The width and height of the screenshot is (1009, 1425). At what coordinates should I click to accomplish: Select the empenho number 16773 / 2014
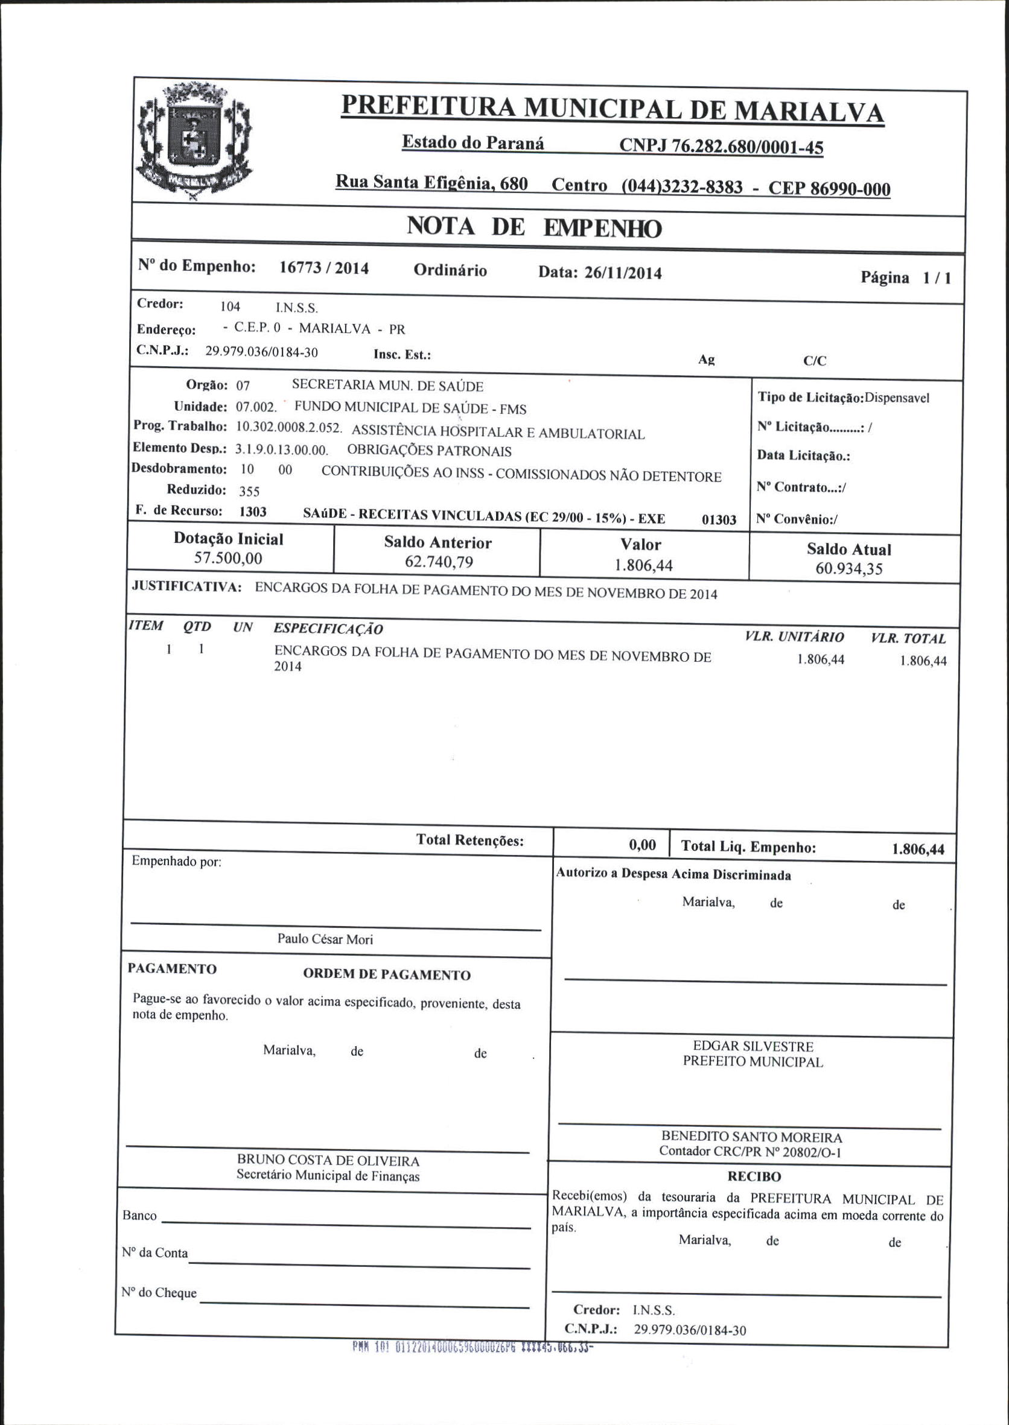coord(323,268)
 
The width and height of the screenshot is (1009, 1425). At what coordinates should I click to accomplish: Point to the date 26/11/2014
coord(623,273)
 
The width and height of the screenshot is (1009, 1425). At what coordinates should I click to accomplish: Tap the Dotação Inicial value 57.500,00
coord(228,558)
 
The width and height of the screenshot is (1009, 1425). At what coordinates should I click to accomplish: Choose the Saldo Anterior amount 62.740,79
coord(439,562)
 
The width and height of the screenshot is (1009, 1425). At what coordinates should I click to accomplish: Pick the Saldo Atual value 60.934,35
coord(848,568)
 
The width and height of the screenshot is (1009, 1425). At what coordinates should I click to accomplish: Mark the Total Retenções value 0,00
coord(642,845)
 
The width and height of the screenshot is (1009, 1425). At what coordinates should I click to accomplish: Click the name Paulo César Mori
coord(325,939)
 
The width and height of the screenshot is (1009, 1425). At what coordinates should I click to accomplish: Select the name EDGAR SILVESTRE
coord(753,1046)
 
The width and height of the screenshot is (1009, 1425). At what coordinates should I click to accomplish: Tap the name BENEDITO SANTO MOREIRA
coord(752,1137)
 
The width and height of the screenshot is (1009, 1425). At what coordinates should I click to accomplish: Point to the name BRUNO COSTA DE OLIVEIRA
coord(328,1160)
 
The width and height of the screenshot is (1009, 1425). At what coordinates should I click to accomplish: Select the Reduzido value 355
coord(249,491)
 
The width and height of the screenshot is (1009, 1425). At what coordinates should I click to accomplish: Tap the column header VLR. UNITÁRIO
coord(794,636)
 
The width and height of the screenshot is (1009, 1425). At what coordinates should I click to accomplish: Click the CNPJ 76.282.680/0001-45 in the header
coord(721,147)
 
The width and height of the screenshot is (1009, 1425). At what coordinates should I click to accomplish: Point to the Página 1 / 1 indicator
coord(905,278)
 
